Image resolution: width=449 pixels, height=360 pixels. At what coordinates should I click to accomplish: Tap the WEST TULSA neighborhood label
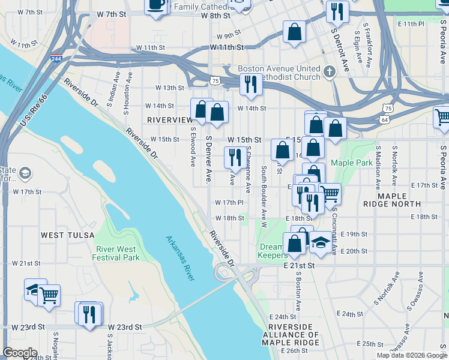pyautogui.click(x=65, y=235)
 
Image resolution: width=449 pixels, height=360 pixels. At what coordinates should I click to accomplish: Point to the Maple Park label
pyautogui.click(x=352, y=163)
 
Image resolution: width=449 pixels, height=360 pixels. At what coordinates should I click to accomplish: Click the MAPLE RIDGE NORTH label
pyautogui.click(x=393, y=200)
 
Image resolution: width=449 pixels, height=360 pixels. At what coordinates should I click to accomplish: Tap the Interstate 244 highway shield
pyautogui.click(x=56, y=59)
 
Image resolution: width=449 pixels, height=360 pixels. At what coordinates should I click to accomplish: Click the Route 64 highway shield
pyautogui.click(x=384, y=120)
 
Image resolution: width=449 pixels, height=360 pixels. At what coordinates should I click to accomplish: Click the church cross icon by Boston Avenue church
pyautogui.click(x=329, y=73)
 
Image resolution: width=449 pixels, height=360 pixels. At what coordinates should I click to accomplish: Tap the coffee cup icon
pyautogui.click(x=157, y=5)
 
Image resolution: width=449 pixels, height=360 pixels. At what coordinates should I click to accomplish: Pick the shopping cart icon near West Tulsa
pyautogui.click(x=49, y=295)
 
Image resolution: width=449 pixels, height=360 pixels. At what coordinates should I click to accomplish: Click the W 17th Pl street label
pyautogui.click(x=229, y=203)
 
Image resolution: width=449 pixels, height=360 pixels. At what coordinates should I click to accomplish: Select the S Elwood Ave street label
pyautogui.click(x=193, y=146)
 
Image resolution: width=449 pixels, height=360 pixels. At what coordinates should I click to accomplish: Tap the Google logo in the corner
pyautogui.click(x=20, y=353)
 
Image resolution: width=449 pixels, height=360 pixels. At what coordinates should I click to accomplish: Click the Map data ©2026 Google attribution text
pyautogui.click(x=411, y=355)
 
